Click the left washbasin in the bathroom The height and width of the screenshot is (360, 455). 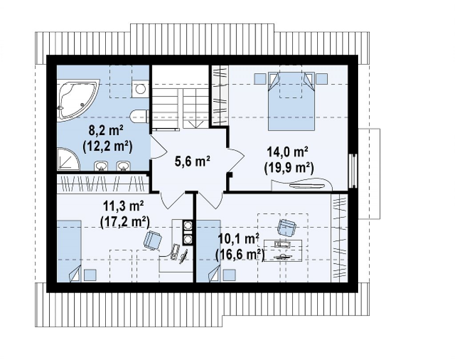coord(101,166)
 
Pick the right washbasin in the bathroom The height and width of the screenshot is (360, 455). coord(124,166)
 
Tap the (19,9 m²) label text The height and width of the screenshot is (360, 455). coord(289,168)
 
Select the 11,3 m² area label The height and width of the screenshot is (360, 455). coord(124,207)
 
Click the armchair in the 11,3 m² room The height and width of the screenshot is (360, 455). coord(153,240)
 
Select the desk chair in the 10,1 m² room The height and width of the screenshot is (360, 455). coord(287,227)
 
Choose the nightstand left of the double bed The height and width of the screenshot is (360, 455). coord(260,78)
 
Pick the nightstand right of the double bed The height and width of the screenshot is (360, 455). coord(322,78)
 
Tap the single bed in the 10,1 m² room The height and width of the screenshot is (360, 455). coord(208,251)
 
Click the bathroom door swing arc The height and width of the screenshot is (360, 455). coord(158,147)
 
